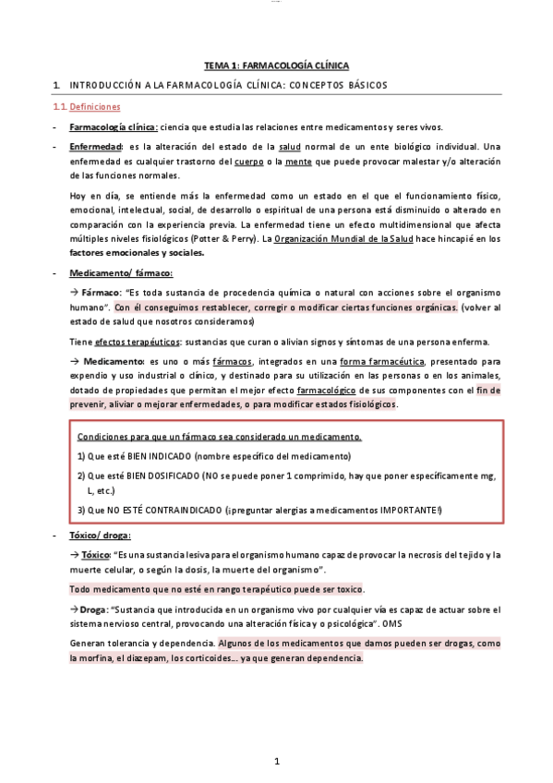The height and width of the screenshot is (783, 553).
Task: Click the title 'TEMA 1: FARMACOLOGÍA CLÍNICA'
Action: (x=276, y=66)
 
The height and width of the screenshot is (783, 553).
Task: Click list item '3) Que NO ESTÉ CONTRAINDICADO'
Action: (x=258, y=510)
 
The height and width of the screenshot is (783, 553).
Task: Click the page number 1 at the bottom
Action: (x=276, y=761)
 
